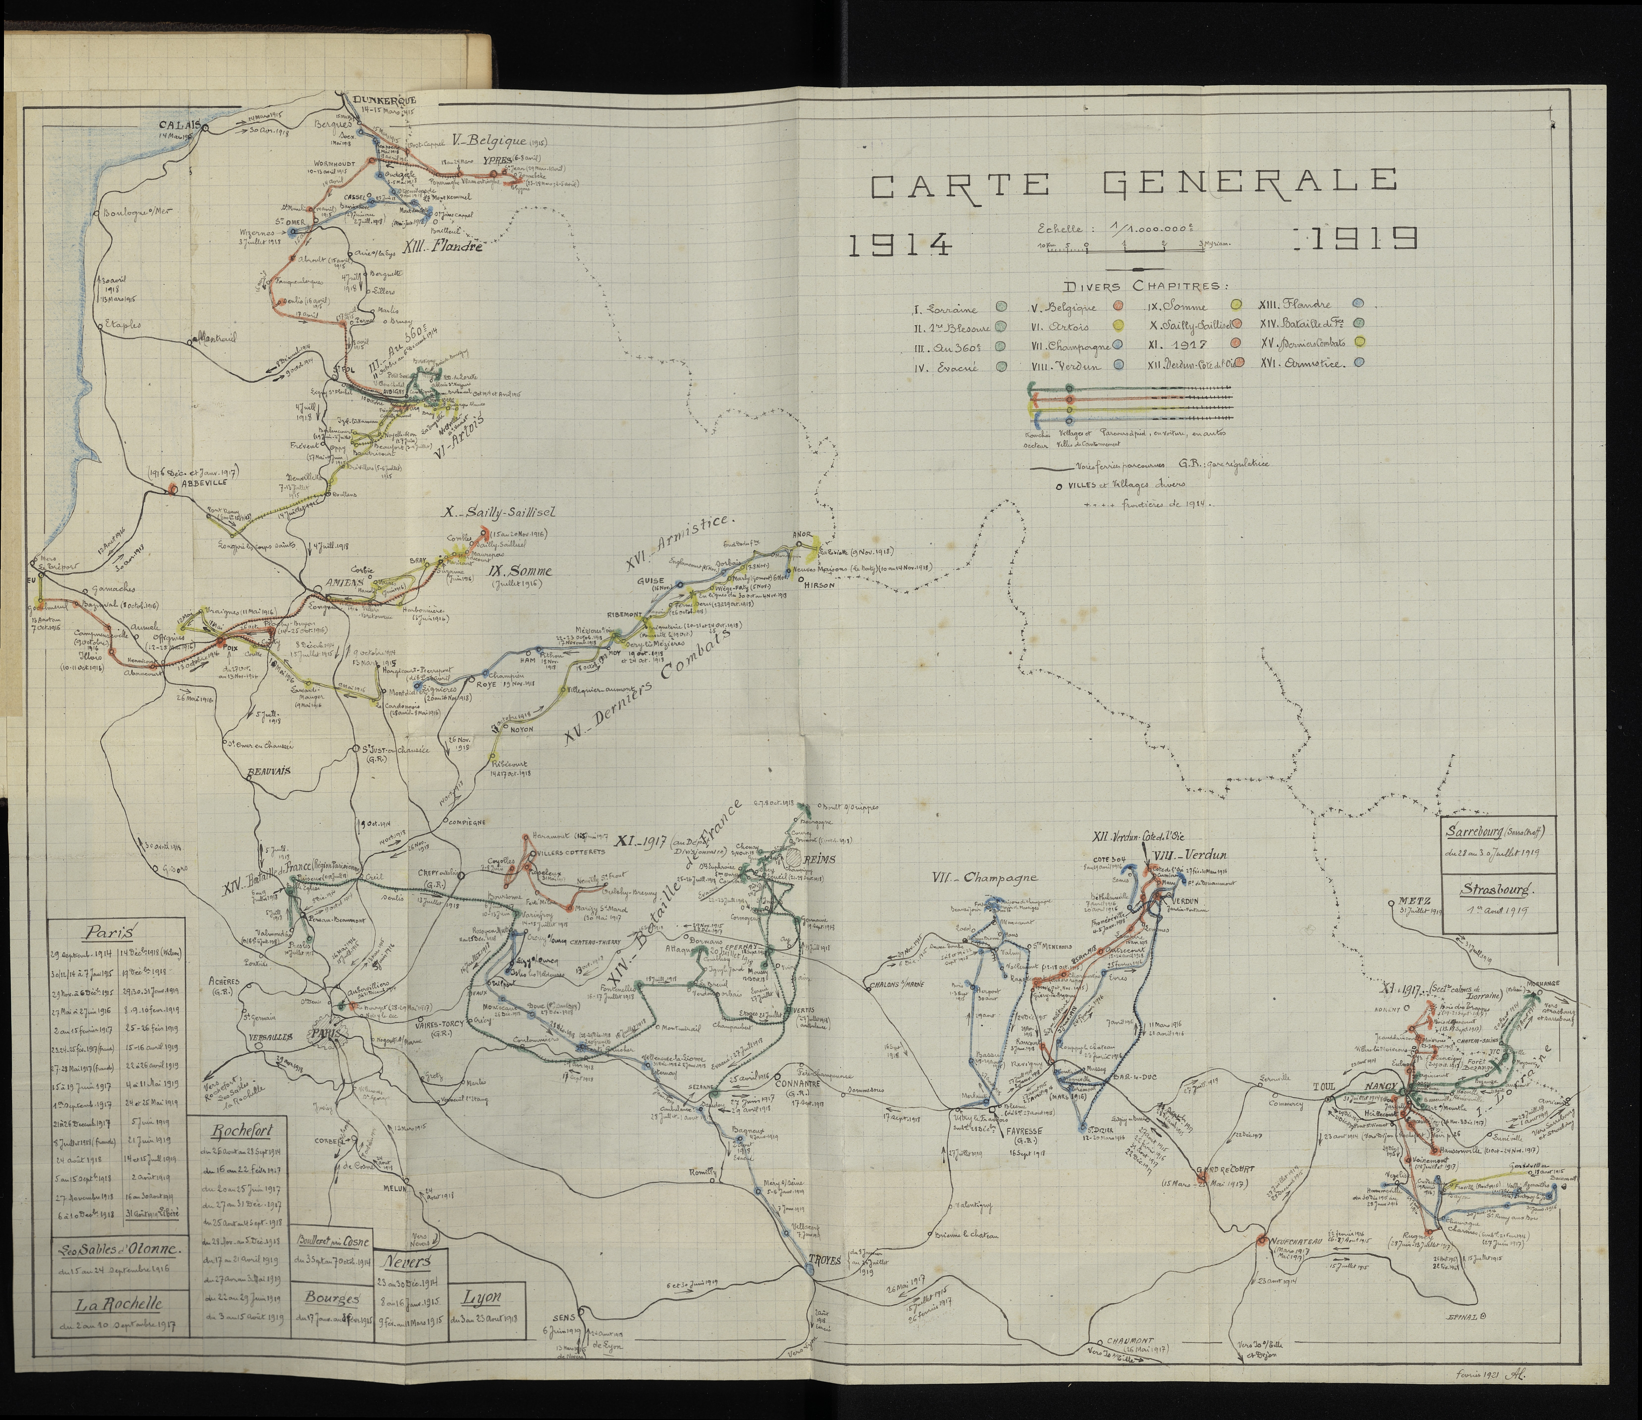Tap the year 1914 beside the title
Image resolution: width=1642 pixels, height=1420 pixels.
pos(899,246)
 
